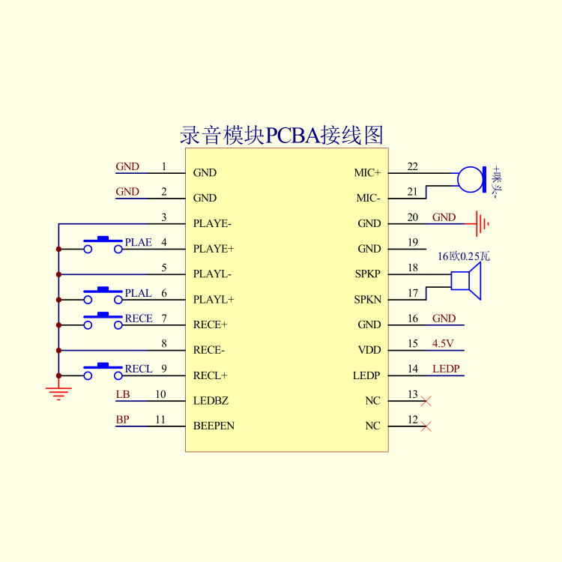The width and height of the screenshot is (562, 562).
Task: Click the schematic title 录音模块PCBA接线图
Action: (x=282, y=135)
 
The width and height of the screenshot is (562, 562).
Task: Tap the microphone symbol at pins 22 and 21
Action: (x=471, y=180)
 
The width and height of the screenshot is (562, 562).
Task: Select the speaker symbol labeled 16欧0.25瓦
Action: (x=466, y=281)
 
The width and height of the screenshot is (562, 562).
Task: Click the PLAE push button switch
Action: (x=103, y=245)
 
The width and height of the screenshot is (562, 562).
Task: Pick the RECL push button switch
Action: (x=103, y=372)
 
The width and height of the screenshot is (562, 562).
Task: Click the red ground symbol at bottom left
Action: (x=58, y=393)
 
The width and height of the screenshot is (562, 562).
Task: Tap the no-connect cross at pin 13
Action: (x=426, y=401)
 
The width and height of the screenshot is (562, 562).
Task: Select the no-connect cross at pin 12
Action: (x=426, y=426)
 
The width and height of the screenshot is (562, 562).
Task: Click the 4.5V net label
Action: (x=443, y=343)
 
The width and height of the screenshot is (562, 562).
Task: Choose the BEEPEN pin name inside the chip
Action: (x=214, y=426)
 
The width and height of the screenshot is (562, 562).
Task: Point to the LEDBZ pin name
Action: (x=211, y=400)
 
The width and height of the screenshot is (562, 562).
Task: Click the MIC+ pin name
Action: (x=367, y=173)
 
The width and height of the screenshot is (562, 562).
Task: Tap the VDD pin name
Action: (x=369, y=350)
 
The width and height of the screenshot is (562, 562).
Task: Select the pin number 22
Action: (x=413, y=166)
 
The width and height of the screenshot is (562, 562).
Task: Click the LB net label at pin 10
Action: (x=123, y=394)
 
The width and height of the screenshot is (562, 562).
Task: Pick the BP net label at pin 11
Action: (x=123, y=420)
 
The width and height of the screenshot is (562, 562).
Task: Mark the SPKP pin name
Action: (x=368, y=274)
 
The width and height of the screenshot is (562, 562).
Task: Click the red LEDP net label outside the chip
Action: (x=446, y=369)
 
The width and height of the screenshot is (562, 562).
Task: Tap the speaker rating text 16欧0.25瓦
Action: (x=464, y=256)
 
